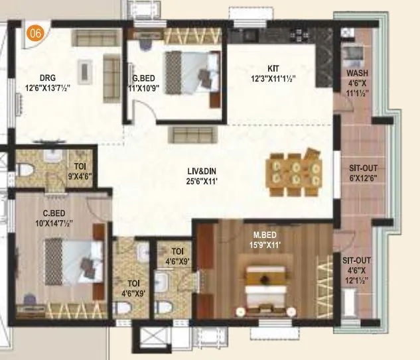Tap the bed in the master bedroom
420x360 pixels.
(x=264, y=290)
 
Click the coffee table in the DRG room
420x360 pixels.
(x=85, y=68)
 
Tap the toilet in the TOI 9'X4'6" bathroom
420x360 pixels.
(x=27, y=170)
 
